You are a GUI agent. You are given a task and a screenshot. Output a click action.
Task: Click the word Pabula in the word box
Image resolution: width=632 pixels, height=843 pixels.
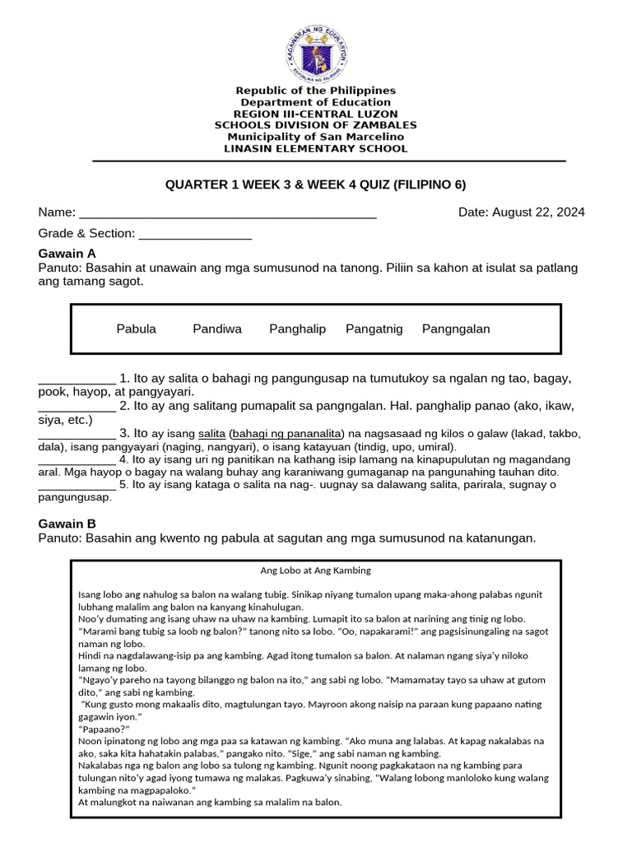(136, 328)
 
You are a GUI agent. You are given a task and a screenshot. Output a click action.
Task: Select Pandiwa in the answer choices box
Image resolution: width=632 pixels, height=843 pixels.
(217, 328)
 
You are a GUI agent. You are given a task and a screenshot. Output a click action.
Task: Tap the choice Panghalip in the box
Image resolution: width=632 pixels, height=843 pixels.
(297, 328)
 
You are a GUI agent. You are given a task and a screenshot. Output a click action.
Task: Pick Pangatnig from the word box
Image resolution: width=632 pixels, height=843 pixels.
(374, 328)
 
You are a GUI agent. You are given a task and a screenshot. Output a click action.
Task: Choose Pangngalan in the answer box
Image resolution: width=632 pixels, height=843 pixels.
(455, 328)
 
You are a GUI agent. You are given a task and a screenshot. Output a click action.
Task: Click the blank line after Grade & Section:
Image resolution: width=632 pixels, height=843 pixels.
(195, 234)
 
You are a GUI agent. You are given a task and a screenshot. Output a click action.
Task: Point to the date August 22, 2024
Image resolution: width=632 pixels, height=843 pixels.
(521, 212)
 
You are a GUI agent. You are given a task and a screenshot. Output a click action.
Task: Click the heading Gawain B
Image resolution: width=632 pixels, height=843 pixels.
(67, 524)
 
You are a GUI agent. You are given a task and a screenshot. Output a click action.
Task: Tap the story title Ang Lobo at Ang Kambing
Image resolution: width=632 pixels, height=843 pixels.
(315, 570)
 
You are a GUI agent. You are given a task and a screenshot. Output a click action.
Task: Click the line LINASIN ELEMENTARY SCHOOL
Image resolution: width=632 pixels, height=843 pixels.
(316, 149)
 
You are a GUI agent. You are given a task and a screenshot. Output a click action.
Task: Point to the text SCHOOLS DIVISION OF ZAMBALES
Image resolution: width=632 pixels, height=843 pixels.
(316, 125)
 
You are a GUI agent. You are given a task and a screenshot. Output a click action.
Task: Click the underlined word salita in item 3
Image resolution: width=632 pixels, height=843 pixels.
(211, 433)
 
